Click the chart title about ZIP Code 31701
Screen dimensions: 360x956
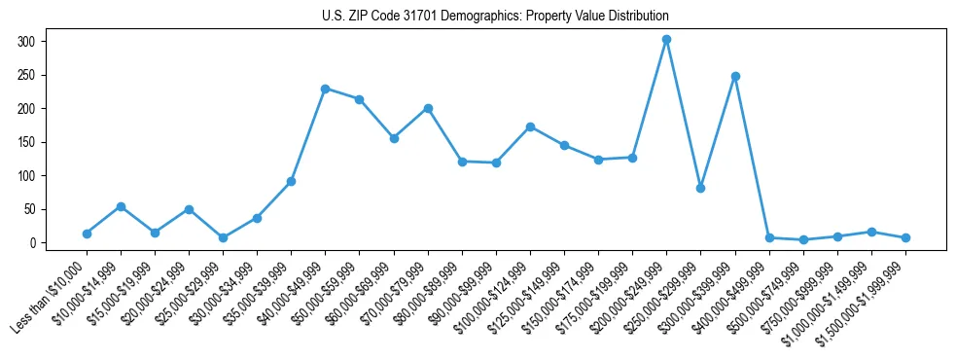point(495,17)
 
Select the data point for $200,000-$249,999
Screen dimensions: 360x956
point(666,40)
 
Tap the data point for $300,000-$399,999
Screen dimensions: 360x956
point(735,76)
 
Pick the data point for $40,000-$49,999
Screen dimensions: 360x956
point(325,89)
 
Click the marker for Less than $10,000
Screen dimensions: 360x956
point(87,234)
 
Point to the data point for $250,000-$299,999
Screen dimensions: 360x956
point(700,188)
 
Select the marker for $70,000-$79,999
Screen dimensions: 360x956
point(428,108)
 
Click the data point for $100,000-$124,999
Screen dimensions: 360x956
point(530,126)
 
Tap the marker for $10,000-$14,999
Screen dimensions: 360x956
point(121,206)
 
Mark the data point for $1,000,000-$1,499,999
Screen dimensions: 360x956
point(871,232)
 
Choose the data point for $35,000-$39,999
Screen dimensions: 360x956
point(291,181)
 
